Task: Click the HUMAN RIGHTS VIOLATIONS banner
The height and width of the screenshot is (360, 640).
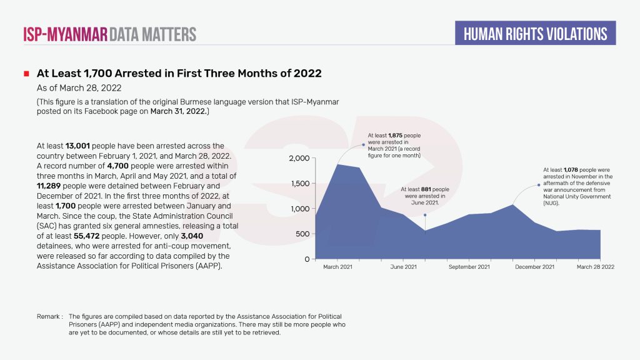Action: click(x=536, y=33)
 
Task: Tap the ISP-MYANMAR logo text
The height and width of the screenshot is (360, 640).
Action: click(x=65, y=34)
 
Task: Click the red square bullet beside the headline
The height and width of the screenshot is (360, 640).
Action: click(x=27, y=74)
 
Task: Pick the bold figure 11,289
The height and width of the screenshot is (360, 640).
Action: click(x=53, y=186)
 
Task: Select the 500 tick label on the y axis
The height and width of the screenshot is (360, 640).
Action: click(x=302, y=234)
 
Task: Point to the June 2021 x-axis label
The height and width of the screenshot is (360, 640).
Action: click(x=403, y=267)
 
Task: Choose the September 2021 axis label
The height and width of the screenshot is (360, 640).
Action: click(x=469, y=267)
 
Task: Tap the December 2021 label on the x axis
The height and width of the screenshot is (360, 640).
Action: click(x=534, y=267)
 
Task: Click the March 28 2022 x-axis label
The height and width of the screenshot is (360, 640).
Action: click(x=596, y=267)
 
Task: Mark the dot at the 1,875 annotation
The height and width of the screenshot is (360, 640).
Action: click(x=364, y=145)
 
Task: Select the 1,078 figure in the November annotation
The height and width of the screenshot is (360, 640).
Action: click(x=571, y=169)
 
